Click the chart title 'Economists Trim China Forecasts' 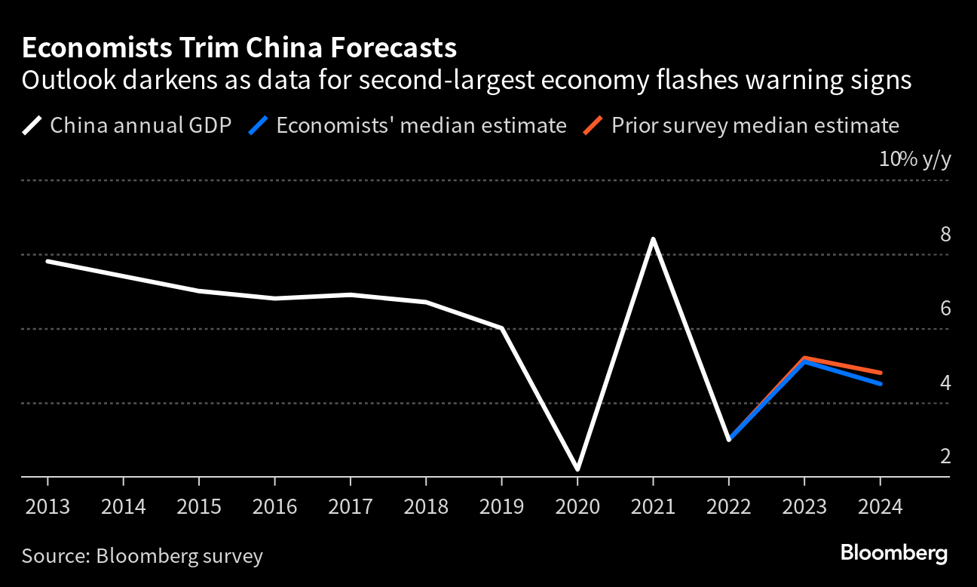click(x=239, y=48)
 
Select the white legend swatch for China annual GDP click(x=32, y=124)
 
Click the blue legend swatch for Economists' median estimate click(x=259, y=124)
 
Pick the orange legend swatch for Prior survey click(x=593, y=124)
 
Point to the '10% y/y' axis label click(x=914, y=160)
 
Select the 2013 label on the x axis click(x=47, y=506)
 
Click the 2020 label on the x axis click(x=577, y=506)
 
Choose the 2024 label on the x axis click(x=880, y=506)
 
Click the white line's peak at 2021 click(x=653, y=239)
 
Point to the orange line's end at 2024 click(x=880, y=373)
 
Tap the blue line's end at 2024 click(x=880, y=383)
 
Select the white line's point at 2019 click(x=502, y=328)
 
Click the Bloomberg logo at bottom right click(x=894, y=553)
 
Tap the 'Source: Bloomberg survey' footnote click(x=142, y=557)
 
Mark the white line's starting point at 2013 click(x=47, y=261)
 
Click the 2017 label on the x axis click(x=351, y=506)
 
